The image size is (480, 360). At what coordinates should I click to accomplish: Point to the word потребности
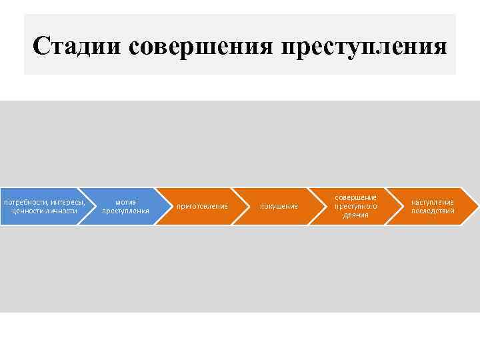25,202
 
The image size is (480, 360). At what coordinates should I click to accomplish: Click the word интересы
67,202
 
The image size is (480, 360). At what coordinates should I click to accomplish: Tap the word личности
62,211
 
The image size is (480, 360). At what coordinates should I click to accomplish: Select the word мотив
125,202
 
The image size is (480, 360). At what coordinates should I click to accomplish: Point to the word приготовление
202,207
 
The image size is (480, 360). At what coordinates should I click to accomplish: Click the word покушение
279,207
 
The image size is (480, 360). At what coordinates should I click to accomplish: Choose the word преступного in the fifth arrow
355,206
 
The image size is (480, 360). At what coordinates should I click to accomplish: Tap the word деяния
355,215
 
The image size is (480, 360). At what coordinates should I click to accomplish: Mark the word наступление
432,202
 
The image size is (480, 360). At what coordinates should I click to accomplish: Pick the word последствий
432,211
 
